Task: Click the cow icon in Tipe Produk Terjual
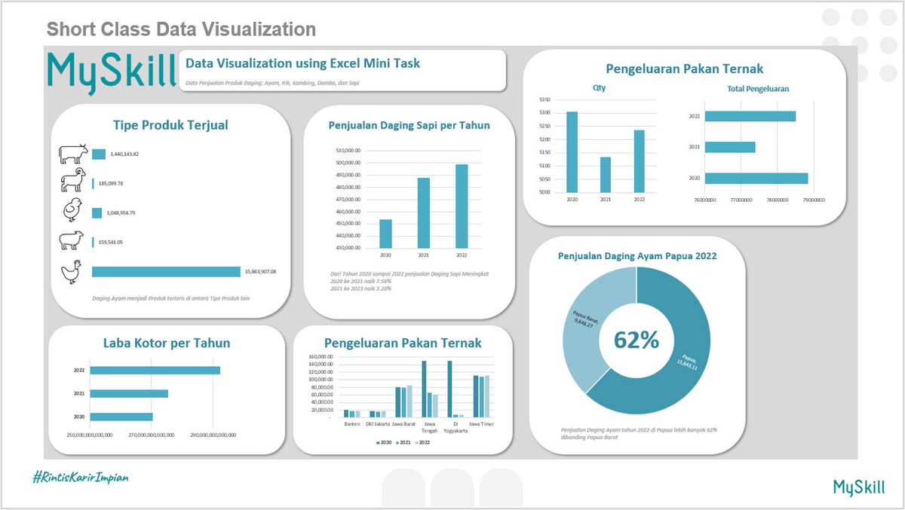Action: (x=73, y=154)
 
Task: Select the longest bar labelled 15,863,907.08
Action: (x=165, y=272)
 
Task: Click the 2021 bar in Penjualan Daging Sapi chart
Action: (x=423, y=212)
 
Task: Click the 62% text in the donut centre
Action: (x=636, y=341)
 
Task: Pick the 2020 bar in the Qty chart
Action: (x=572, y=151)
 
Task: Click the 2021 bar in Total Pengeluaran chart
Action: (x=729, y=148)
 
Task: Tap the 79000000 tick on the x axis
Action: (x=812, y=200)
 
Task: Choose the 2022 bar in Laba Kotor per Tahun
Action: (x=155, y=370)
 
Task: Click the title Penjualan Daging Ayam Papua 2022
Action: (x=637, y=256)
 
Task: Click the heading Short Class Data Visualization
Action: (x=181, y=29)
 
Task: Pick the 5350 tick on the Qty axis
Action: (x=545, y=99)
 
